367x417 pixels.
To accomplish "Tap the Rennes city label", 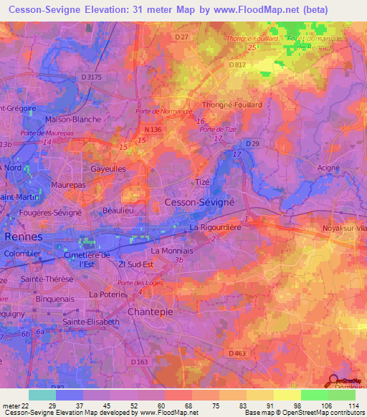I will click(x=23, y=236).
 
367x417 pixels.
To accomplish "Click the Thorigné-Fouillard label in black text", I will click(x=232, y=104).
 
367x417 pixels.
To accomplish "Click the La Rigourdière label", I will click(x=218, y=228).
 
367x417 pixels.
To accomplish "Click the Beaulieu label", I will click(x=118, y=210).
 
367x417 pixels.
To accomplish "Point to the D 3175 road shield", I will click(x=93, y=77).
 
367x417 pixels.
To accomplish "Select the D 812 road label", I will click(x=239, y=65).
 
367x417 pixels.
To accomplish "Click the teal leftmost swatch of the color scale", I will click(x=42, y=395).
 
